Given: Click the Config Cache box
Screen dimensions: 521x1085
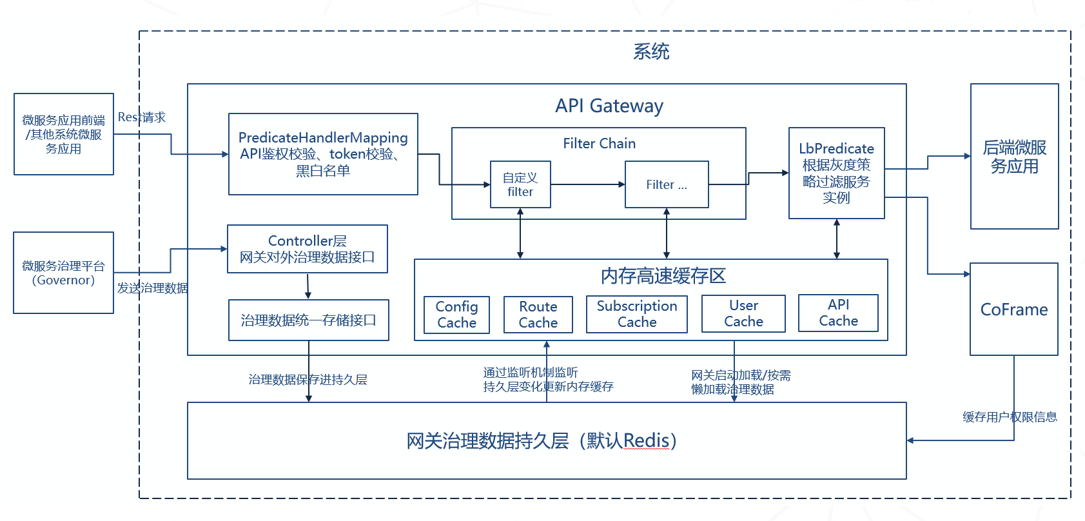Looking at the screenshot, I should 456,315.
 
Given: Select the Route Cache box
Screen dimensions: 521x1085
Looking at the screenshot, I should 538,315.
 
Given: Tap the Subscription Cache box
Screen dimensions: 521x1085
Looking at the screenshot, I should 636,314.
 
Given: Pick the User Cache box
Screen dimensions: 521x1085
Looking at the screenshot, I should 743,313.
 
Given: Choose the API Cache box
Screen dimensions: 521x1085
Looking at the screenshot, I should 838,313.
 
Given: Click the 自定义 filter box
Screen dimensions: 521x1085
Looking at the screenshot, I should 520,184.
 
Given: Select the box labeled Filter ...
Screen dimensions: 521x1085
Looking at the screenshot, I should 667,184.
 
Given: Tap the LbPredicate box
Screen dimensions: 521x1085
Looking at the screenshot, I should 836,173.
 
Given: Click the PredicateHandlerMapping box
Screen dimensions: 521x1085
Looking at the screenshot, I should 323,154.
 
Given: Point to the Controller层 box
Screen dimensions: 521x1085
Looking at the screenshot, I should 308,249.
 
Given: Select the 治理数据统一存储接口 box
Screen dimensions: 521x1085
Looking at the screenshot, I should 308,320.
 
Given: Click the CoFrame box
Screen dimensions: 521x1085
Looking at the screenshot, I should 1013,310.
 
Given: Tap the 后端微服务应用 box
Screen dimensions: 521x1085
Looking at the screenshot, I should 1014,157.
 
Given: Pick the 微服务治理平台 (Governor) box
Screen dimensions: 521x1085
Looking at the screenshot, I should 63,273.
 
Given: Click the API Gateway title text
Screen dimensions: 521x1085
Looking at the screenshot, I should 609,106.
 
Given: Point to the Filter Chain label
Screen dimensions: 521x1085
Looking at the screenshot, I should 599,144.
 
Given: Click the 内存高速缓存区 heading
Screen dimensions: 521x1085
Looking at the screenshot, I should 663,276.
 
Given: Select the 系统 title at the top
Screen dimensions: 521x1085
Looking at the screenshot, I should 651,52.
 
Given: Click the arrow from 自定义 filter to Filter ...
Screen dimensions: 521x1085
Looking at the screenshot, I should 587,184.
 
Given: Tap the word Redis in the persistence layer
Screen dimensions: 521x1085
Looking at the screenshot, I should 646,441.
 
